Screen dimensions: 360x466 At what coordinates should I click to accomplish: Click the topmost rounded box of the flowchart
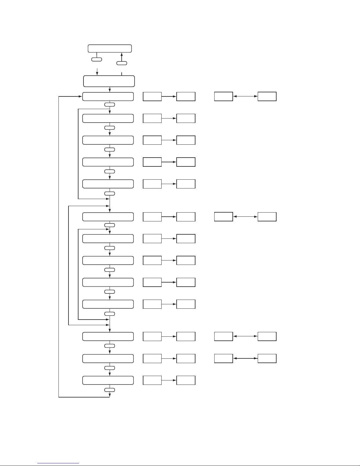point(110,49)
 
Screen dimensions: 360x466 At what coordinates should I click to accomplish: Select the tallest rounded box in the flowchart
point(109,81)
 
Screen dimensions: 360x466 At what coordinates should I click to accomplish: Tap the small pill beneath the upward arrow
point(122,63)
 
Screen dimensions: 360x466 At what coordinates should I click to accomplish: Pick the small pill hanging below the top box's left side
point(97,59)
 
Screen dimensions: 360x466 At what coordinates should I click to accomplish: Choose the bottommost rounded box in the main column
point(108,380)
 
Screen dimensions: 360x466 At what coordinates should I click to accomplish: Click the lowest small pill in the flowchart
point(110,390)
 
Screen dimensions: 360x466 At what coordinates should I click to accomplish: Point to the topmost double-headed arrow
point(245,96)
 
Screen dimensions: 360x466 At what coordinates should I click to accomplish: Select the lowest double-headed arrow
point(245,358)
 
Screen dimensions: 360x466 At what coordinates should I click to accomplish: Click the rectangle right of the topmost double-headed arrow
point(267,96)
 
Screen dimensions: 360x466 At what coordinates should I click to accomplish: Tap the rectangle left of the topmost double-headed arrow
point(223,96)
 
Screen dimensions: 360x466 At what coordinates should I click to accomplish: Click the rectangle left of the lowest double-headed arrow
point(223,358)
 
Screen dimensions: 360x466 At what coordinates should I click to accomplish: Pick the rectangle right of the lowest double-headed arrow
point(267,358)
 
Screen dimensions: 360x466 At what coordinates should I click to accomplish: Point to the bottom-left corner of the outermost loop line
point(59,397)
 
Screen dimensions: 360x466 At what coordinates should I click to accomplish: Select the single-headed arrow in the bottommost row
point(169,380)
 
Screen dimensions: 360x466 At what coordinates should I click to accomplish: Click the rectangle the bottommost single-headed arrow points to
point(186,380)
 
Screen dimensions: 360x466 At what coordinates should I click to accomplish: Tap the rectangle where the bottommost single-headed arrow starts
point(152,380)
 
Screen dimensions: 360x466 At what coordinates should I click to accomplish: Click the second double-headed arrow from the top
point(245,217)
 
